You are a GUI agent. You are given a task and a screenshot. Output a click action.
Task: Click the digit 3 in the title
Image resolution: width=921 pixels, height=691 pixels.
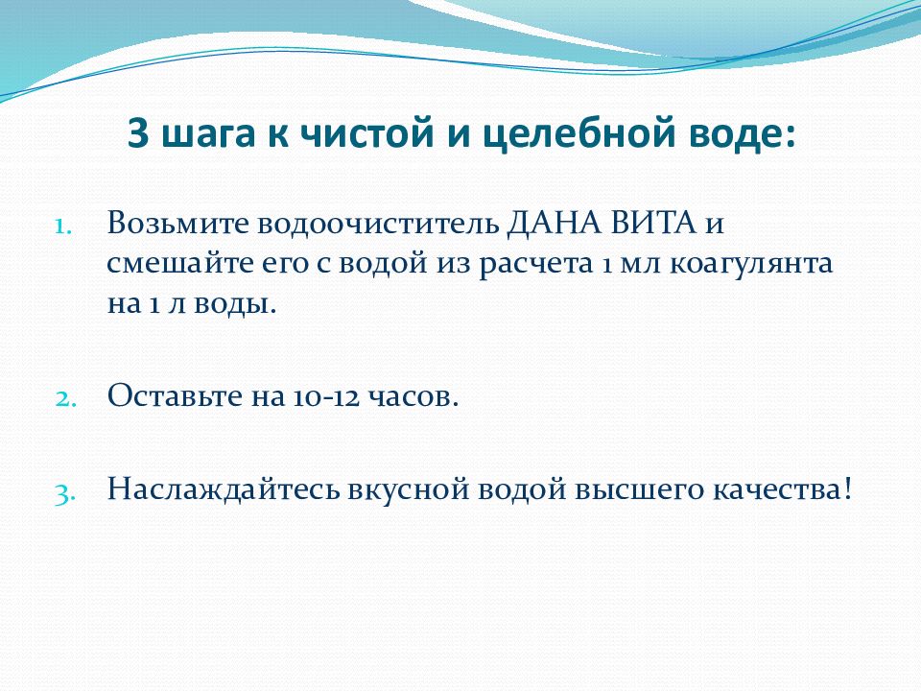138,132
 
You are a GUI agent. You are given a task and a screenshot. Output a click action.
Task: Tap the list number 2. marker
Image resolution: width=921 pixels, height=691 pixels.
66,399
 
